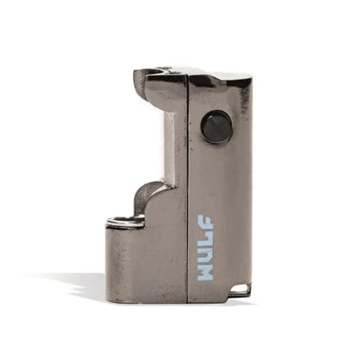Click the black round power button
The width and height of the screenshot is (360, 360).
pyautogui.click(x=216, y=127)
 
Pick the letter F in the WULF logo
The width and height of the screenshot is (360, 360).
pyautogui.click(x=206, y=224)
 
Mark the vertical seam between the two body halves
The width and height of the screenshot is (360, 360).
pyautogui.click(x=188, y=190)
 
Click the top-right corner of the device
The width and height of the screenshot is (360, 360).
pyautogui.click(x=250, y=75)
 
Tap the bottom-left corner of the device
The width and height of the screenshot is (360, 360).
pyautogui.click(x=108, y=299)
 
